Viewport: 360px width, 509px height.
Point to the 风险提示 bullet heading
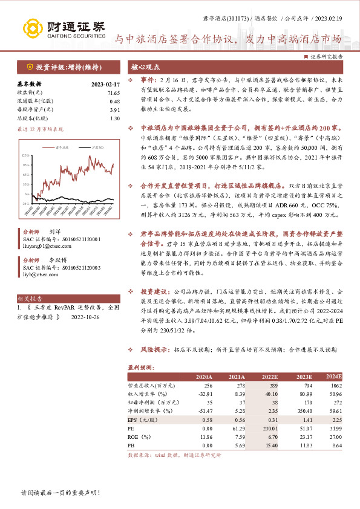pyautogui.click(x=154, y=349)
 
